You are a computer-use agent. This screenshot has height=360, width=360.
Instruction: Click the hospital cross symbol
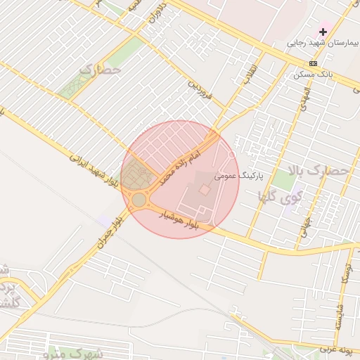point(323,32)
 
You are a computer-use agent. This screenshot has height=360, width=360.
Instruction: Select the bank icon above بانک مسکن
point(313,63)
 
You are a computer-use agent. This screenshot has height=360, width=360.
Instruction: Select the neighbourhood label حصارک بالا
point(319,170)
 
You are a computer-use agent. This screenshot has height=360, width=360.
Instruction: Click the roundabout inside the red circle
point(139,200)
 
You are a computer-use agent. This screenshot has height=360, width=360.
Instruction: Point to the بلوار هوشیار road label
point(181,219)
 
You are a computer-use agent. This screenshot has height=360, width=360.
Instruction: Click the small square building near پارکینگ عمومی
point(204,190)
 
